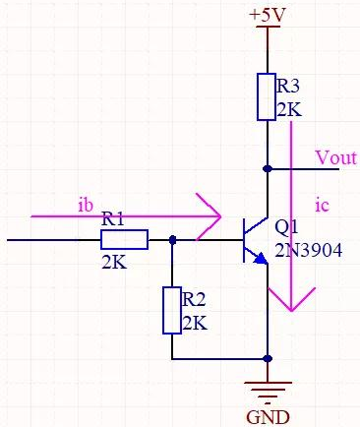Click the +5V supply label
(268, 16)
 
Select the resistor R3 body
(267, 96)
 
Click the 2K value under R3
(288, 109)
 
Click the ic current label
(320, 205)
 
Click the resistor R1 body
(127, 239)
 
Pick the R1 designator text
(113, 222)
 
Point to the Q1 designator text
(286, 225)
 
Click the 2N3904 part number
(308, 251)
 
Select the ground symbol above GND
(267, 390)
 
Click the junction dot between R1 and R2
(172, 239)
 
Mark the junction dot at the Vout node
(267, 168)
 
